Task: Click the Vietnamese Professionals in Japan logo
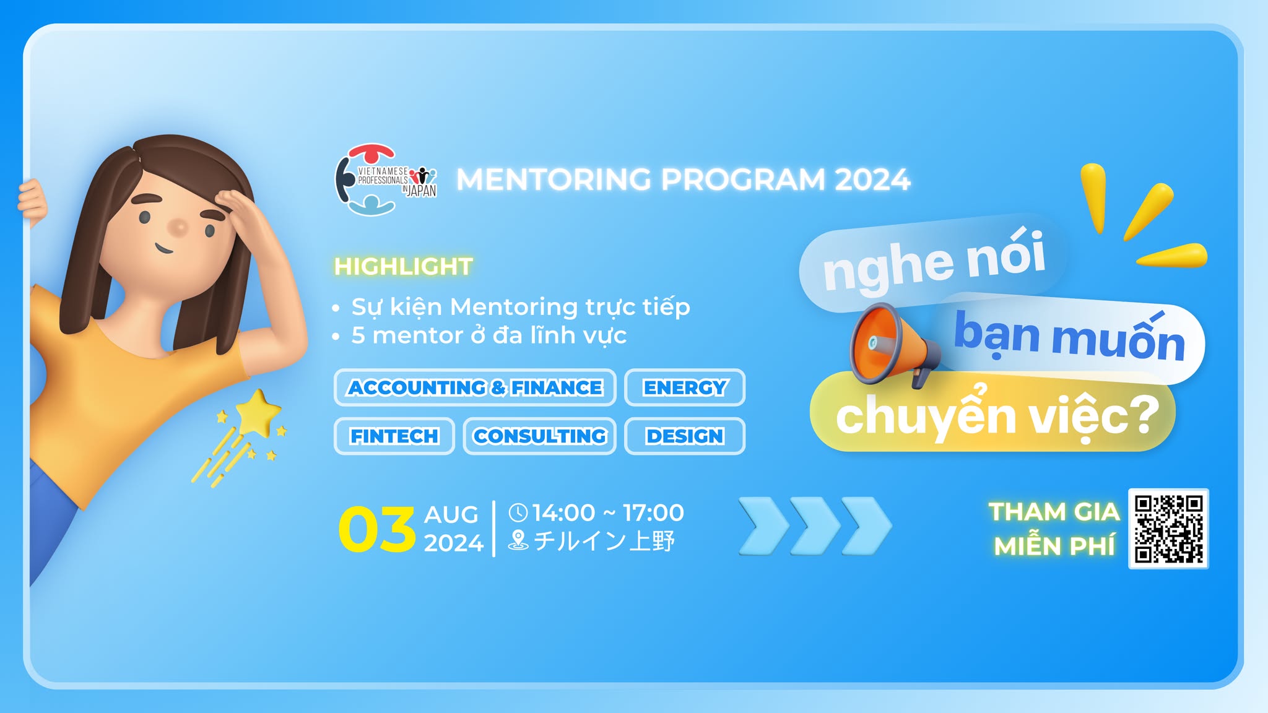click(385, 179)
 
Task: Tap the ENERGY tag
click(685, 387)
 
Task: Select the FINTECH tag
click(394, 436)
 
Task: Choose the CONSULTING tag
click(540, 436)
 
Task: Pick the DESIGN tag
click(685, 436)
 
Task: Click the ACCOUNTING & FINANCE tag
click(475, 387)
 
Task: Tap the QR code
click(1168, 529)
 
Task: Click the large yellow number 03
click(377, 529)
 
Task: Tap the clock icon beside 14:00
click(518, 512)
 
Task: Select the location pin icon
click(518, 540)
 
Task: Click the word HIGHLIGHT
click(403, 267)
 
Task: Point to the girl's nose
click(178, 227)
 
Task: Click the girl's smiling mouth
click(163, 249)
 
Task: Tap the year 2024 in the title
click(872, 180)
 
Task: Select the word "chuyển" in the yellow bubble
click(927, 414)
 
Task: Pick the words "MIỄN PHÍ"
click(1055, 547)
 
